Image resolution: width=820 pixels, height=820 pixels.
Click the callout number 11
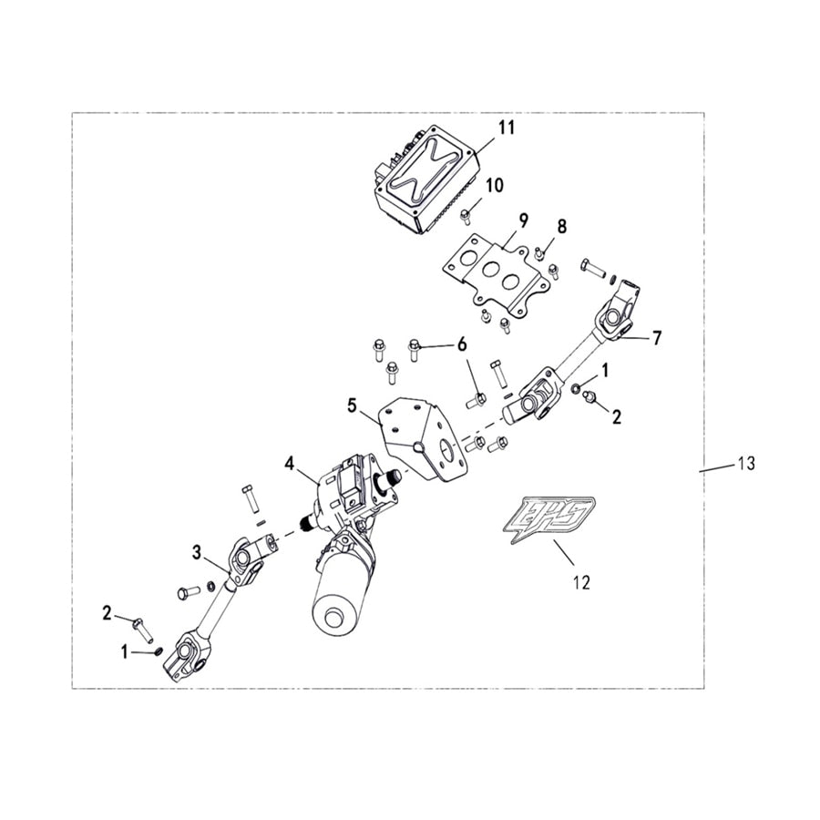tap(506, 127)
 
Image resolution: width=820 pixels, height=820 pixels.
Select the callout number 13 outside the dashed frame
tap(746, 463)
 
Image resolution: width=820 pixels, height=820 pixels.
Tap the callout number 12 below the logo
tap(581, 581)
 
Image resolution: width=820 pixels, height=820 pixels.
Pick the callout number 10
tap(494, 185)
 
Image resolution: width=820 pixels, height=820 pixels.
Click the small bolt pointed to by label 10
tap(465, 214)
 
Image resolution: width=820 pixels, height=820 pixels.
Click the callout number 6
tap(462, 344)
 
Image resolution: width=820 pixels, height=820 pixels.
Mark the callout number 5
tap(352, 405)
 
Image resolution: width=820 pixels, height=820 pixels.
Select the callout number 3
tap(197, 552)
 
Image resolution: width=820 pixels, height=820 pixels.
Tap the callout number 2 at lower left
tap(107, 613)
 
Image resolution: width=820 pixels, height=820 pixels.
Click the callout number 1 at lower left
tap(125, 652)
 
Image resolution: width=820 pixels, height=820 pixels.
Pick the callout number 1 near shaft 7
tap(605, 371)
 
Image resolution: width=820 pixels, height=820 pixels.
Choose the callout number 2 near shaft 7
tap(617, 416)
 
